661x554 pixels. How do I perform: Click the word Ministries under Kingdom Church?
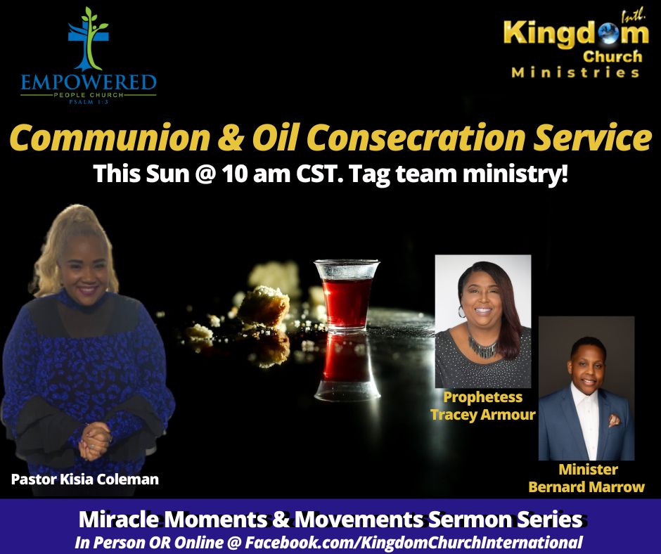coord(575,72)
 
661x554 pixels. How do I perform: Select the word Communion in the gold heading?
coord(109,138)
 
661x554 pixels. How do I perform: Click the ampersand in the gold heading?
coord(231,138)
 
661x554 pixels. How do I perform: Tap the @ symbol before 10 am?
coord(206,174)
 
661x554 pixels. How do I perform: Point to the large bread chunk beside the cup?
coord(264,306)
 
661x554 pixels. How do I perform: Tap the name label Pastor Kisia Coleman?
coord(84,479)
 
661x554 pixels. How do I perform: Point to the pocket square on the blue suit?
coord(614,420)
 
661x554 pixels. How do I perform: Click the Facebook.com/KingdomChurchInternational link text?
coord(413,542)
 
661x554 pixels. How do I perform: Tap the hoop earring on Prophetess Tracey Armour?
coord(461,311)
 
